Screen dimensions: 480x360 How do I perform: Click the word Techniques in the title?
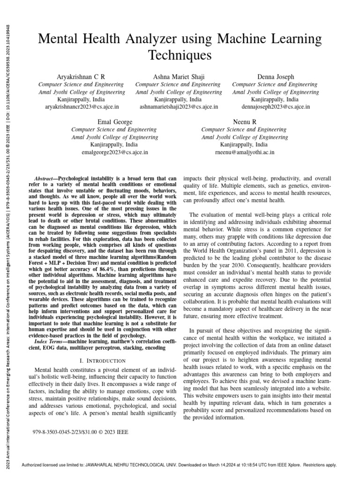(x=180, y=56)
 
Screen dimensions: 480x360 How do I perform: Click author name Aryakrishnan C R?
(x=81, y=76)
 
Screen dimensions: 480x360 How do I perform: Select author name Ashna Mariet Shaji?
(x=179, y=76)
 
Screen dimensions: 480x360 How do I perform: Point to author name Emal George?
(x=115, y=122)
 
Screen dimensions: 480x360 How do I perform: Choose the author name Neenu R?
(x=244, y=122)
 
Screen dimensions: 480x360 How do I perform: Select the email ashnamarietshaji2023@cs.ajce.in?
(x=179, y=107)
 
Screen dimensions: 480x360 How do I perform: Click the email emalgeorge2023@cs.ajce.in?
(x=115, y=152)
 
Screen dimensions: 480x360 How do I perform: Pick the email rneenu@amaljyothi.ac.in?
(x=244, y=152)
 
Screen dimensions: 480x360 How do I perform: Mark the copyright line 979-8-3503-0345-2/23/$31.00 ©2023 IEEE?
(x=81, y=431)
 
